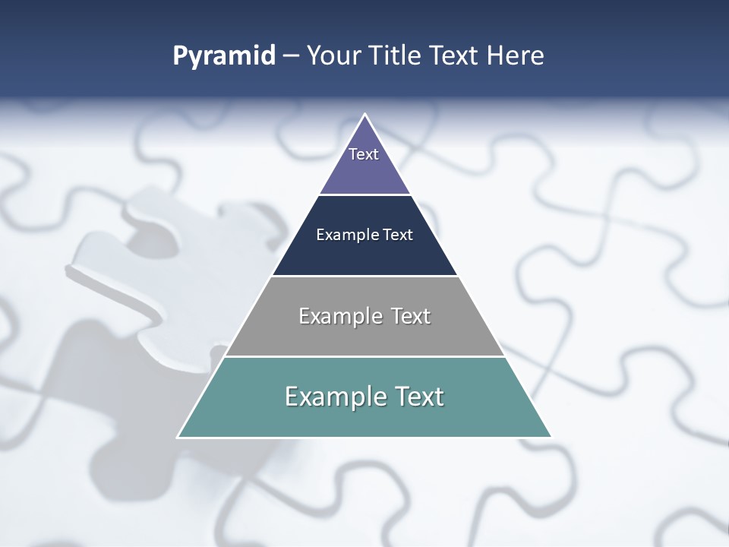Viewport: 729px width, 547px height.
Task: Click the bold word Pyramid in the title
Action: pos(224,56)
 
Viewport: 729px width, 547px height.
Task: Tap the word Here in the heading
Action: pos(515,56)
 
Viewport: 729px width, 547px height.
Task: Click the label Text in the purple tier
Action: pos(364,154)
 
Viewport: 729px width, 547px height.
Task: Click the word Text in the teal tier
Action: pos(419,397)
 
